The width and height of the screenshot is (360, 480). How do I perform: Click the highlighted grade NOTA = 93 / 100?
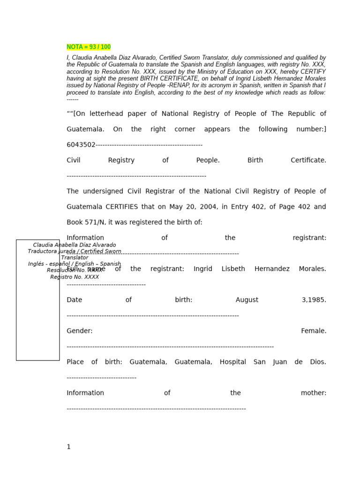tap(89, 47)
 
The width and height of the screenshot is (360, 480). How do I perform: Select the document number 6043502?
tap(81, 145)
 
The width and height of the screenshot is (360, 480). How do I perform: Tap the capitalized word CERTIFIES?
tap(122, 207)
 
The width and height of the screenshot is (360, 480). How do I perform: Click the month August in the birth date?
tap(247, 300)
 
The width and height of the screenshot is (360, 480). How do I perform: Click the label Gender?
tap(80, 331)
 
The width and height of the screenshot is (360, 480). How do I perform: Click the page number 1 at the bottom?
tap(68, 447)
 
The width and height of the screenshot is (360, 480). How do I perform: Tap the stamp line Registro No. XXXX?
tap(75, 277)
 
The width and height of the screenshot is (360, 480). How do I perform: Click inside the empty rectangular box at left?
tap(37, 319)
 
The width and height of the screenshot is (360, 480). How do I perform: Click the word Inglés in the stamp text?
tap(37, 264)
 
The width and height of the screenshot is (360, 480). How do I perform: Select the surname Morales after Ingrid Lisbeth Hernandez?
tap(311, 269)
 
